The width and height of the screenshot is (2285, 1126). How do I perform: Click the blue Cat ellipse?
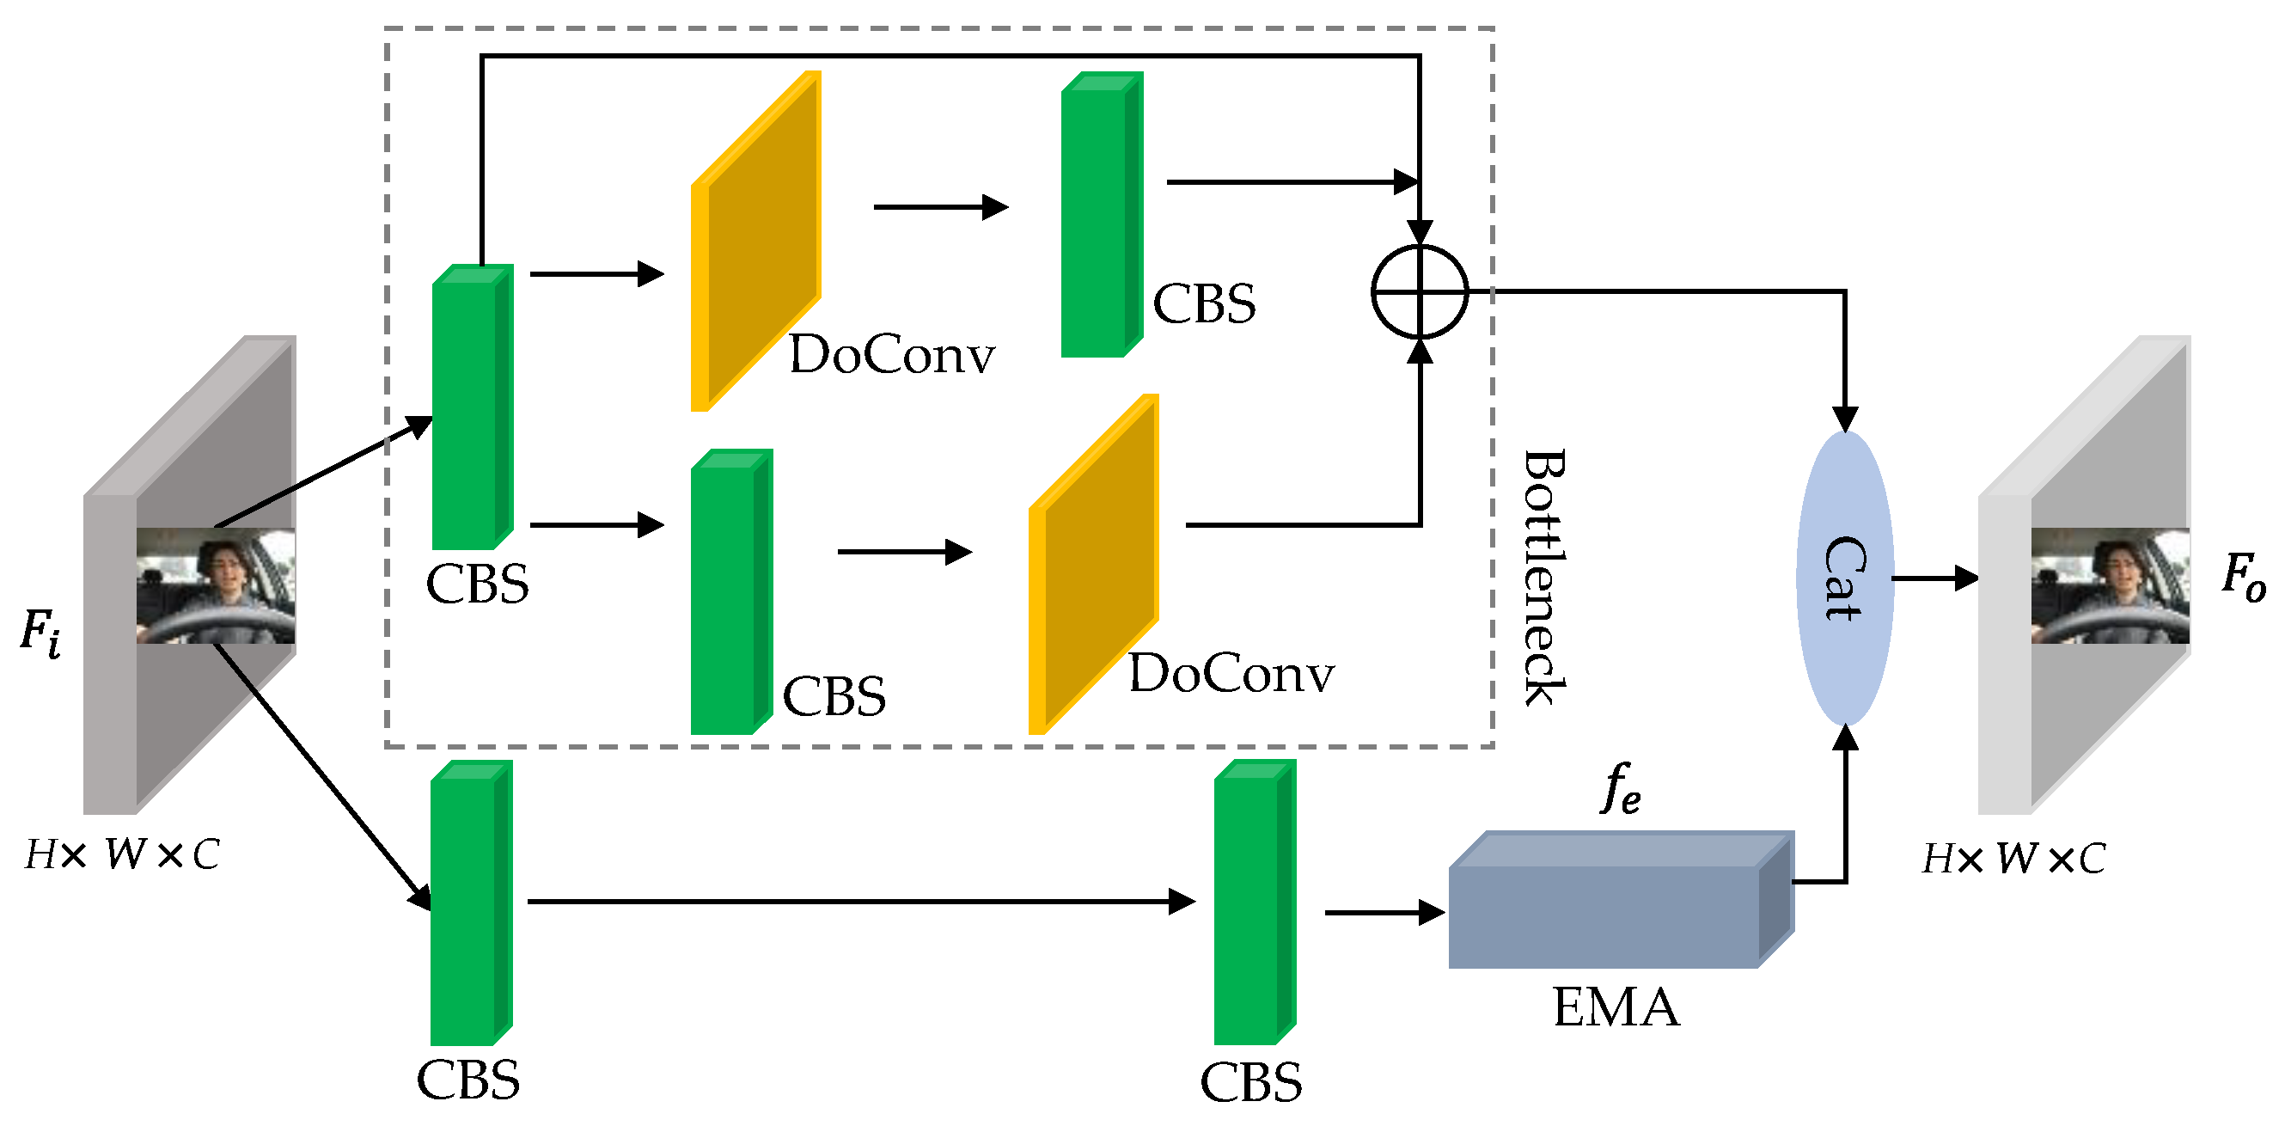tap(1844, 578)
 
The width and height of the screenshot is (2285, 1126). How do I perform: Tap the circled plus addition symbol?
tap(1420, 291)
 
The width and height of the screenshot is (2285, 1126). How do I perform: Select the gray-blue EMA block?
tap(1605, 914)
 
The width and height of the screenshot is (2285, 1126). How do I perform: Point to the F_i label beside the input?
tap(40, 632)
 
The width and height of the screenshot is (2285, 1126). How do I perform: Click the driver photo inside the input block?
tap(216, 585)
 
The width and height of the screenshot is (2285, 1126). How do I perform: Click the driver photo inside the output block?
tap(2110, 585)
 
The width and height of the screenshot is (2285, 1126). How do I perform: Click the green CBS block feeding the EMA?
tap(1252, 903)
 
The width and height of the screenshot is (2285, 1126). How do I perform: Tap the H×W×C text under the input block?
tap(121, 854)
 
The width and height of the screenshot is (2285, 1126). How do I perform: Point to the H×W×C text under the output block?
tap(2013, 858)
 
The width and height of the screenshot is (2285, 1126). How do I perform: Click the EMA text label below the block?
tap(1616, 1007)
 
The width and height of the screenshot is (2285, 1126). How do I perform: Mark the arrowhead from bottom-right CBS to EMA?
tap(1431, 912)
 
